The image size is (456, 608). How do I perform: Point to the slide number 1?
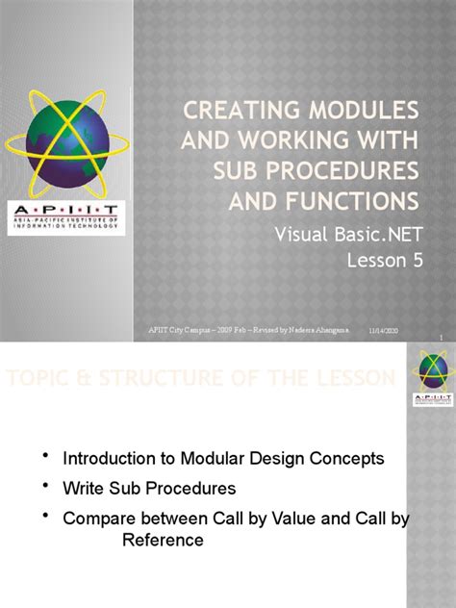click(439, 337)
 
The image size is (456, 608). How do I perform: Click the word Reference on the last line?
click(162, 540)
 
